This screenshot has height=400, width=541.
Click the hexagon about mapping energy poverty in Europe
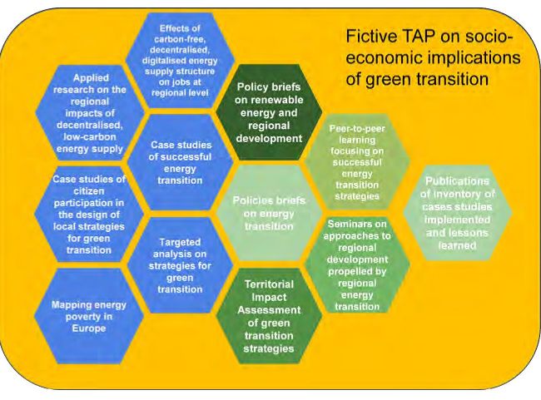pyautogui.click(x=89, y=316)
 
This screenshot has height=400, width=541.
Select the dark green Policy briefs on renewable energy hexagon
pyautogui.click(x=269, y=112)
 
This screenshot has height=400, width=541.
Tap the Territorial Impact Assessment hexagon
pyautogui.click(x=269, y=316)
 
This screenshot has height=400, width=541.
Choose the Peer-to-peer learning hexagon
pyautogui.click(x=357, y=162)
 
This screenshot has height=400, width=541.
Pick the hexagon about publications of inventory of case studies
pyautogui.click(x=458, y=213)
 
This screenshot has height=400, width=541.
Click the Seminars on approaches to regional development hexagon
pyautogui.click(x=357, y=264)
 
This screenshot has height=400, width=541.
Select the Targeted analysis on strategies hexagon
pyautogui.click(x=180, y=265)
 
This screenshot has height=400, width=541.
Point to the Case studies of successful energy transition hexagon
pyautogui.click(x=180, y=162)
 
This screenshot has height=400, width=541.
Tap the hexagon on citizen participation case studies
pyautogui.click(x=89, y=215)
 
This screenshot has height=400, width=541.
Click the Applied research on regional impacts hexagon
pyautogui.click(x=89, y=113)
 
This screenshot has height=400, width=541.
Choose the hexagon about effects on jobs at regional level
pyautogui.click(x=180, y=61)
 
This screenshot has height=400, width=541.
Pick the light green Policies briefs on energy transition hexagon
pyautogui.click(x=269, y=213)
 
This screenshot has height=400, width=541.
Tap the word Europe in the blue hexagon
pyautogui.click(x=89, y=328)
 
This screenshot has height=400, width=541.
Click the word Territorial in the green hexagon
pyautogui.click(x=269, y=284)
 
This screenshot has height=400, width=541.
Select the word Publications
pyautogui.click(x=458, y=181)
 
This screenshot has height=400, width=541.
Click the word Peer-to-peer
pyautogui.click(x=357, y=129)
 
